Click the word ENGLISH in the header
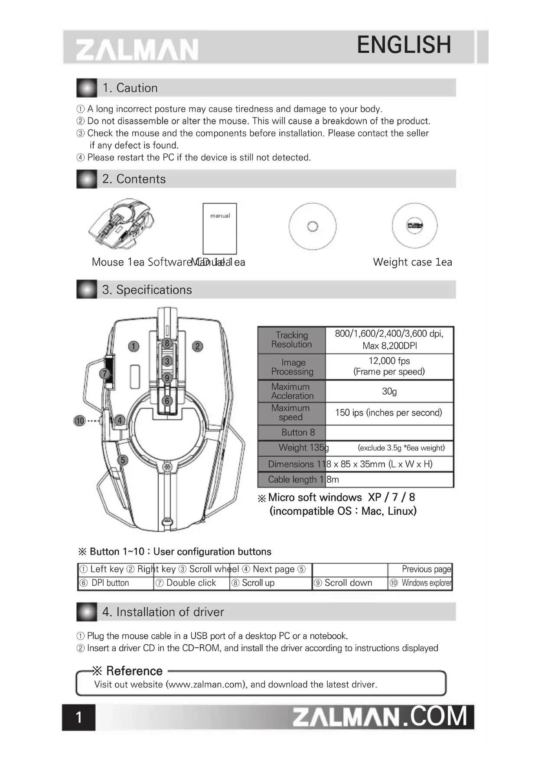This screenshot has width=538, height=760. tap(404, 45)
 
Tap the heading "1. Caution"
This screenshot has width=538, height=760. tap(130, 88)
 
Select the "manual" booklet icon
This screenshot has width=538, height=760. tap(220, 228)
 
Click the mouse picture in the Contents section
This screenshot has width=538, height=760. tap(122, 224)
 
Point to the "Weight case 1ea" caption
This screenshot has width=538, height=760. tap(412, 262)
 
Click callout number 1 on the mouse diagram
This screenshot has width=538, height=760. tap(134, 346)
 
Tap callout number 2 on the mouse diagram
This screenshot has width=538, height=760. tap(197, 346)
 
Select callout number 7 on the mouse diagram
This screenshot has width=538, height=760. tap(104, 374)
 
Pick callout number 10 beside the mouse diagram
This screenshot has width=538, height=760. tap(80, 420)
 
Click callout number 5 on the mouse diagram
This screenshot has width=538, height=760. tap(123, 460)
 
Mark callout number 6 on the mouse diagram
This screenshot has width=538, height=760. tap(167, 401)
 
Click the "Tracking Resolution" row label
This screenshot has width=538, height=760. tap(292, 340)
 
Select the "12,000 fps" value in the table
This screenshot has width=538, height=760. tap(389, 361)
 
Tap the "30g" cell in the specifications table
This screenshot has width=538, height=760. tap(389, 391)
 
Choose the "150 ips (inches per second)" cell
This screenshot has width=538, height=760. tap(388, 412)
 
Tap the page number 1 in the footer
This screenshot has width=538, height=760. tap(78, 718)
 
